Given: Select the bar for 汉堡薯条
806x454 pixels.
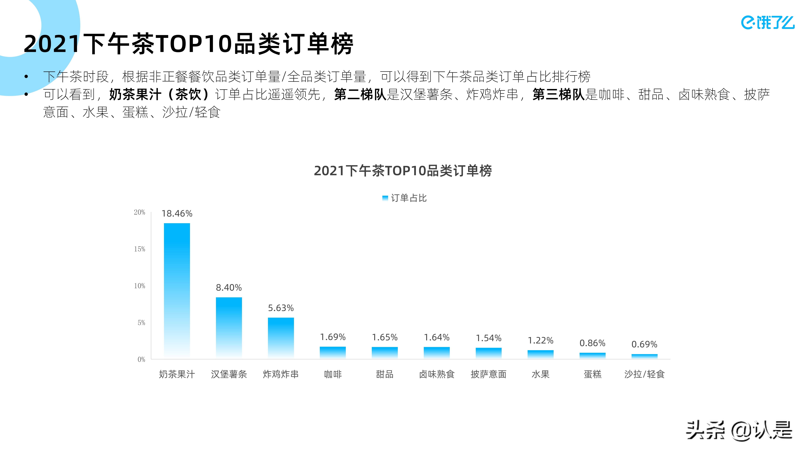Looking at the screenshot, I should [x=229, y=327].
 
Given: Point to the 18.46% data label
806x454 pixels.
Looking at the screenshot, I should [x=177, y=214].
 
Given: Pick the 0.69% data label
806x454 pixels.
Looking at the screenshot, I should [x=644, y=344].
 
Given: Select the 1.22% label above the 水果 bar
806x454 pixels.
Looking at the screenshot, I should [x=540, y=340].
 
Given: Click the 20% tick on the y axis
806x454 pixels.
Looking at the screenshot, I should [x=139, y=212].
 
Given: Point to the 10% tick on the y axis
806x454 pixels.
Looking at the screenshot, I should [x=139, y=286].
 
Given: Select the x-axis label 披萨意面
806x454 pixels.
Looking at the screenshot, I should [x=488, y=374].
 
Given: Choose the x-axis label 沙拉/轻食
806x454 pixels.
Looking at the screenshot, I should [x=644, y=374].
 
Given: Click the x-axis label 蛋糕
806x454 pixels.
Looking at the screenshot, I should [x=592, y=374].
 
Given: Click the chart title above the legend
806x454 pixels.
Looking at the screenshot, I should [x=403, y=171].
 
